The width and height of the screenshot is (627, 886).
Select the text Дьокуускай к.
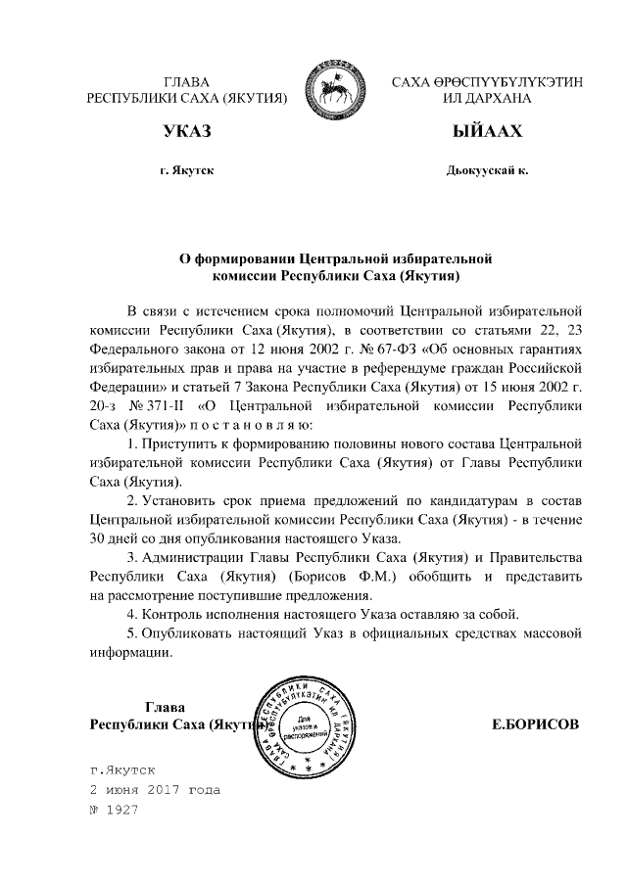(x=486, y=170)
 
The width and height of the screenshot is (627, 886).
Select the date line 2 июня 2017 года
(x=155, y=789)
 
